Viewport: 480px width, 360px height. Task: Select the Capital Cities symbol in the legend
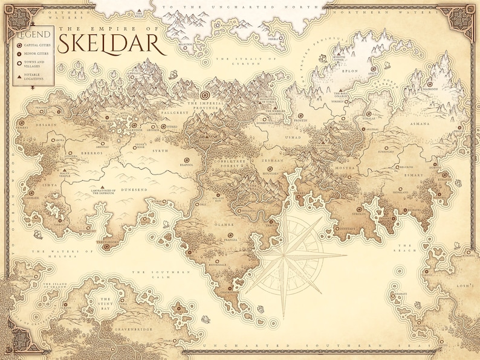(x=21, y=45)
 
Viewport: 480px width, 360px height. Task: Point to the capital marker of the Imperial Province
(x=204, y=95)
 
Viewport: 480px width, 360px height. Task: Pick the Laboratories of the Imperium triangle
(x=103, y=187)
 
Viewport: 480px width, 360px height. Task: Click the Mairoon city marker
(x=430, y=85)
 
